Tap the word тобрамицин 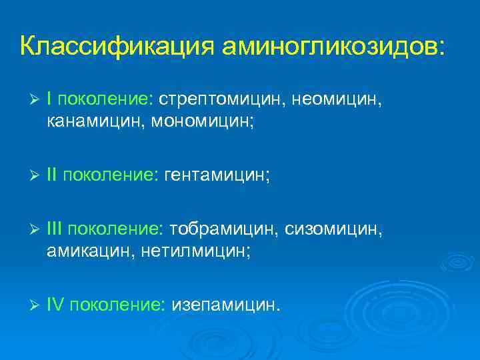click(224, 229)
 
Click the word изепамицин click(227, 305)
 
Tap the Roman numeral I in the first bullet click(51, 99)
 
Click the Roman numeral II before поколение click(53, 175)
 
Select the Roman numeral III click(56, 229)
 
